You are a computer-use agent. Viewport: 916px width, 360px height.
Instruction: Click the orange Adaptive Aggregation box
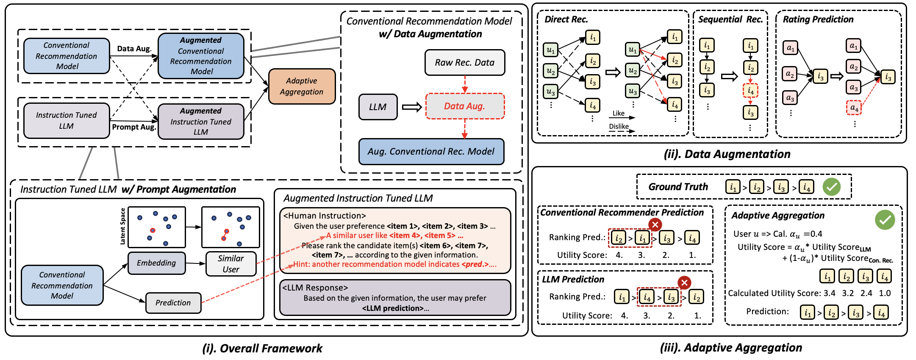[302, 86]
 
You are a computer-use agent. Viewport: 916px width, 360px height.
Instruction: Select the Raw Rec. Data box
[465, 63]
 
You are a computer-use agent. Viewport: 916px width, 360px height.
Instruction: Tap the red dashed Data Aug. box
[465, 106]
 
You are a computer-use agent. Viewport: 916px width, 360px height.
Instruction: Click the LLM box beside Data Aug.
[378, 107]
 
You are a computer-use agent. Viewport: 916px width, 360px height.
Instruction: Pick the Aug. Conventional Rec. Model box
[431, 152]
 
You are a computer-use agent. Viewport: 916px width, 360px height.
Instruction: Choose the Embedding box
[156, 263]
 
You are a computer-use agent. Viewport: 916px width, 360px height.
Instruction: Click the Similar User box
[231, 264]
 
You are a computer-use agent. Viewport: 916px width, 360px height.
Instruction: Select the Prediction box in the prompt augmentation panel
[173, 303]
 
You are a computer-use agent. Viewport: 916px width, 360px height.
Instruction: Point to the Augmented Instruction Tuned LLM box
[201, 122]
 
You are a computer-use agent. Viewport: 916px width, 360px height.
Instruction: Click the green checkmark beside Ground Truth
[832, 187]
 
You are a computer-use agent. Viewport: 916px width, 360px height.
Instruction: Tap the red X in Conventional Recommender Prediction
[655, 224]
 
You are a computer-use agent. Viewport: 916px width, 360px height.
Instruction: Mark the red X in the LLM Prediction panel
[684, 282]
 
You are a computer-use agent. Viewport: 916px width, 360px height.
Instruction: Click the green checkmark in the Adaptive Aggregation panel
[885, 220]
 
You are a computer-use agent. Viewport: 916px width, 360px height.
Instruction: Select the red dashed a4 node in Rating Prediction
[854, 108]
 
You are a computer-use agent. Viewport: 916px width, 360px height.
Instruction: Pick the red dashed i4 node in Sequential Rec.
[750, 91]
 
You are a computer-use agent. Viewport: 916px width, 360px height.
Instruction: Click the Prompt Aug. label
[134, 127]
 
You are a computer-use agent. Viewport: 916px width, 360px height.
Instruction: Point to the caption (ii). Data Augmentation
[727, 154]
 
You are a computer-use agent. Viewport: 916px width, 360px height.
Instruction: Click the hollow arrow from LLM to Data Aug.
[411, 107]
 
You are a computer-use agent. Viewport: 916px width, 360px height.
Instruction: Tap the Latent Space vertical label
[123, 226]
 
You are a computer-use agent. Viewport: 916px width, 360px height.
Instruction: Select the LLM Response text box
[395, 298]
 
